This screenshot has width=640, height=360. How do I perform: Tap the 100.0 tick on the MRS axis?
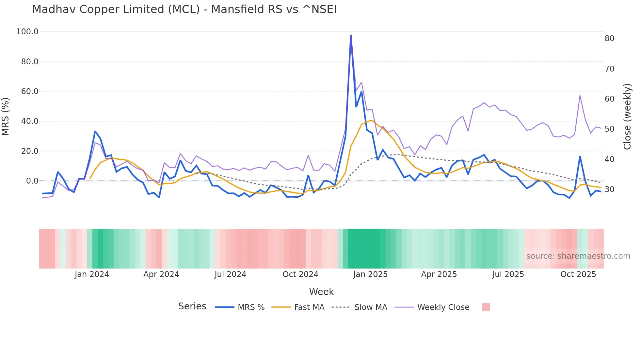pyautogui.click(x=27, y=32)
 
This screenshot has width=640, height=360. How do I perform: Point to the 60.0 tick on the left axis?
pyautogui.click(x=30, y=91)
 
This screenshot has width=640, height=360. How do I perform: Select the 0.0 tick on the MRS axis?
pyautogui.click(x=32, y=181)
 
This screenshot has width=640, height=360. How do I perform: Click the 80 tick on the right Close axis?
pyautogui.click(x=609, y=39)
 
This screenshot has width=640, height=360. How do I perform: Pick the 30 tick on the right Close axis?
pyautogui.click(x=609, y=189)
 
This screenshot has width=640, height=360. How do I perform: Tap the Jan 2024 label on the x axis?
pyautogui.click(x=92, y=274)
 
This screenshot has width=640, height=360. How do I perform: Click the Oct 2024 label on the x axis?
pyautogui.click(x=300, y=274)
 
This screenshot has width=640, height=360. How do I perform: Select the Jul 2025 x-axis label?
pyautogui.click(x=508, y=274)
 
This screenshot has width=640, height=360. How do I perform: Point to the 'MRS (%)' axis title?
pyautogui.click(x=5, y=116)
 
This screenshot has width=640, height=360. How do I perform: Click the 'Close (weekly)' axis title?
pyautogui.click(x=627, y=116)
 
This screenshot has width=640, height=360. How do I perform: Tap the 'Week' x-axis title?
pyautogui.click(x=321, y=292)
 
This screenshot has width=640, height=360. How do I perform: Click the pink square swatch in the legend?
pyautogui.click(x=486, y=307)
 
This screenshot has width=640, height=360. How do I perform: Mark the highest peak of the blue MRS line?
pyautogui.click(x=351, y=36)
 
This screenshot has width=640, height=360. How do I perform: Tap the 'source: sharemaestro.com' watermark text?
pyautogui.click(x=578, y=256)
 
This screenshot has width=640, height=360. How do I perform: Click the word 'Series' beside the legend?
pyautogui.click(x=192, y=306)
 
